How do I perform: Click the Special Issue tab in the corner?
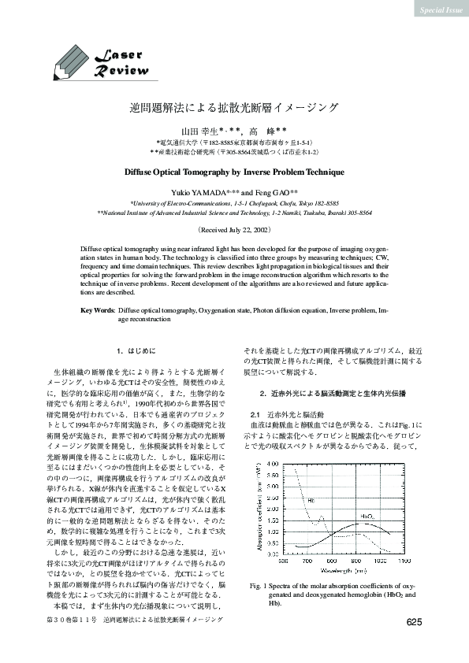tap(438, 9)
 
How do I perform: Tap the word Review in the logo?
tap(121, 72)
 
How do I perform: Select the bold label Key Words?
tap(98, 312)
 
